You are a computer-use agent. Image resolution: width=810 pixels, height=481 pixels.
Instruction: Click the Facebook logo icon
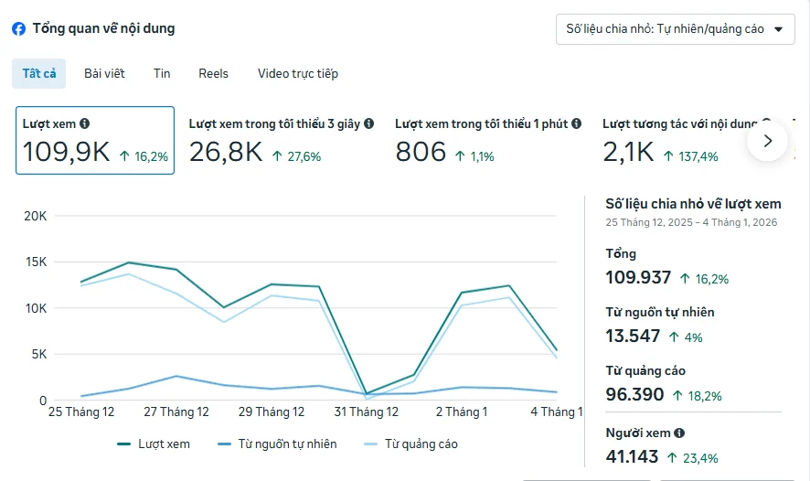18,29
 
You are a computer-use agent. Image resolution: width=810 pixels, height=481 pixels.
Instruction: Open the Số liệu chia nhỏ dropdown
676,29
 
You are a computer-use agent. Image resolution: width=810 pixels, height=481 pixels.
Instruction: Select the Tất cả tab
38,73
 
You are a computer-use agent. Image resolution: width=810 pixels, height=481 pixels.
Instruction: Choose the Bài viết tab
104,73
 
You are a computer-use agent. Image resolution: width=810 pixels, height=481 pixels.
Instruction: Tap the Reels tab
213,73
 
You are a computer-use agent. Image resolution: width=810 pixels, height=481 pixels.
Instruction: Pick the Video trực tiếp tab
298,73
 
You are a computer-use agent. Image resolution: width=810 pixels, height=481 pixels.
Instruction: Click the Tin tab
162,73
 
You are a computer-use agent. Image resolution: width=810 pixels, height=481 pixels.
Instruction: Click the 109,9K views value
66,152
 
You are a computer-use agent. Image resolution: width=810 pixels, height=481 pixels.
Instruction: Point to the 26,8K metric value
226,152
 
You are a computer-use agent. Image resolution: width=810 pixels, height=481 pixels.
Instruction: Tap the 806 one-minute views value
421,152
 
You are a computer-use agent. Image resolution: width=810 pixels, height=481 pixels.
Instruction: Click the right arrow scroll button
768,141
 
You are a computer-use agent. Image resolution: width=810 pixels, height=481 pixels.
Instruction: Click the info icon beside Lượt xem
85,123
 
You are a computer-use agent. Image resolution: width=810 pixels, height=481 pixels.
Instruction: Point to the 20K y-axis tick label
35,216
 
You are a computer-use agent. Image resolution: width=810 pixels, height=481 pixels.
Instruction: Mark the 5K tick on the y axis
38,355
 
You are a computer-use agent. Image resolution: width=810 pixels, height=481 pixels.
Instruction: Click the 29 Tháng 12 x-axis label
272,412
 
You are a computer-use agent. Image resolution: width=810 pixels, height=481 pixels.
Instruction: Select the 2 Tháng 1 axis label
462,412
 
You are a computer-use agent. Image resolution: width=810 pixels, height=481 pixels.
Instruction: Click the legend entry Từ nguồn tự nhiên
277,444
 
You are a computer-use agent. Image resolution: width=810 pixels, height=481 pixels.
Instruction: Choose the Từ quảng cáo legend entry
410,444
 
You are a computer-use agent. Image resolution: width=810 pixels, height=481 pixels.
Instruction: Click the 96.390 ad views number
634,394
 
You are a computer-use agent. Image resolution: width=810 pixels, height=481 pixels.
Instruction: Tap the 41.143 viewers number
632,456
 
